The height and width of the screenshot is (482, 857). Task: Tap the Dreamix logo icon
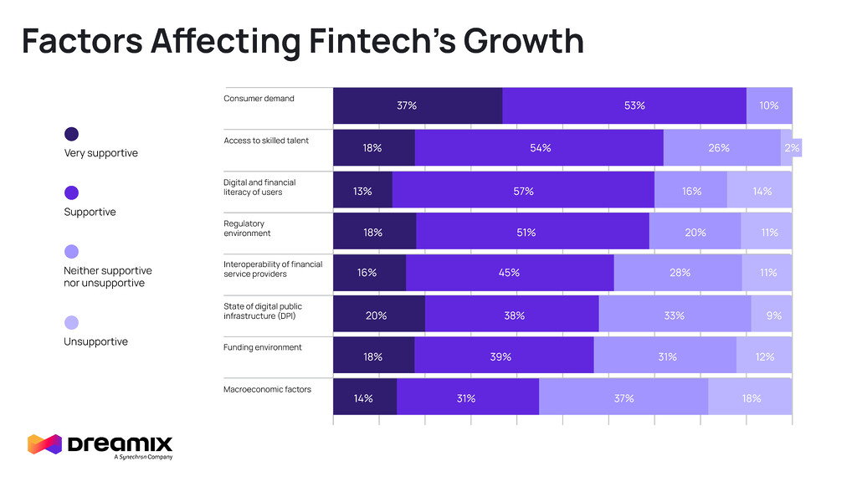[44, 444]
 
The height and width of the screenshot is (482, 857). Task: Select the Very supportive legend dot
[72, 134]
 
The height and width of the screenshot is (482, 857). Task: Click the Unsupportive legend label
[95, 341]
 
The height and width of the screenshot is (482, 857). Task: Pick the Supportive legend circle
[72, 192]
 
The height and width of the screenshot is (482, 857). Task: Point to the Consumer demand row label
[259, 99]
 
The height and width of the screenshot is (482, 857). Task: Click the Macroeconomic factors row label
[267, 389]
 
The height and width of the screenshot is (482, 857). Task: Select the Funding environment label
[263, 347]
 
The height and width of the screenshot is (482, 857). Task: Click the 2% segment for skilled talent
[791, 148]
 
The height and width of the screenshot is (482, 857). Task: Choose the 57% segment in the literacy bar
[523, 191]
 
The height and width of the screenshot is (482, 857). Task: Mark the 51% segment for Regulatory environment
[532, 233]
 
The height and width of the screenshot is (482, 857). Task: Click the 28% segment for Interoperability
[678, 273]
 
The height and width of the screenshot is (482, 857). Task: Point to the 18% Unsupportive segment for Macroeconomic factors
[750, 398]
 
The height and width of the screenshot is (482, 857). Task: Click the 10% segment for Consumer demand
[769, 105]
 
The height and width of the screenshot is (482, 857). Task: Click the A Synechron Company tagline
[143, 457]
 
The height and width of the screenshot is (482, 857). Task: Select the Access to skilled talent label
[266, 141]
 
